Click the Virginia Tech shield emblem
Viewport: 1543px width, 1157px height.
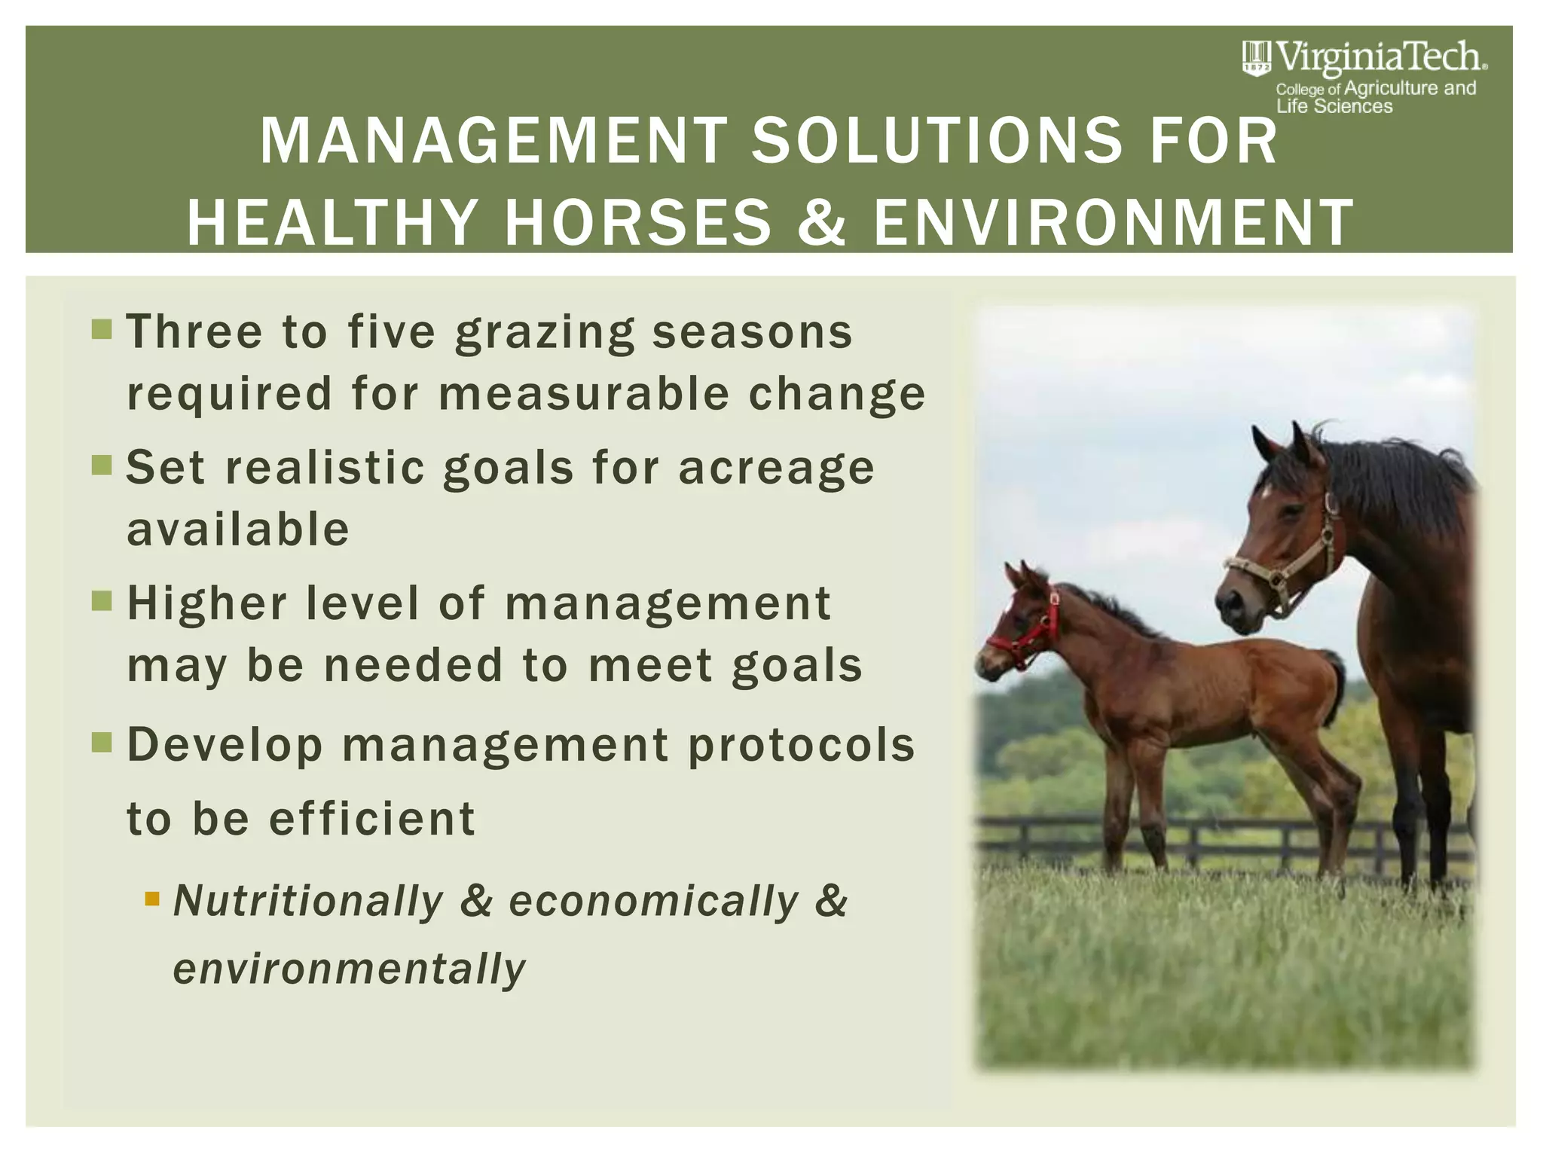pos(1256,58)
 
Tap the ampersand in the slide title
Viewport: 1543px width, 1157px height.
pos(822,222)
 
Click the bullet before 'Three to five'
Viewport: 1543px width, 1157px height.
pos(102,329)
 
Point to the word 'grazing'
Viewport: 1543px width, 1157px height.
pos(545,334)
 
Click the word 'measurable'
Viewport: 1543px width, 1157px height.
pos(584,394)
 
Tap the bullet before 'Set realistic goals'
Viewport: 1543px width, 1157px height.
pos(102,465)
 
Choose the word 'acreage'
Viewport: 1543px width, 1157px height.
pos(777,469)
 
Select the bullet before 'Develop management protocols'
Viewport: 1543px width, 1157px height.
pos(102,743)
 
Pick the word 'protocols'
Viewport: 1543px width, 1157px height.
pos(802,746)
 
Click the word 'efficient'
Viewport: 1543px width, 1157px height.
pos(372,819)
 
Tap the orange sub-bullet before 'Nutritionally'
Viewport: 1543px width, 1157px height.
pos(152,899)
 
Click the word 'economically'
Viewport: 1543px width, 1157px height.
pos(654,902)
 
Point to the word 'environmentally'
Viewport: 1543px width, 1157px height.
pos(349,969)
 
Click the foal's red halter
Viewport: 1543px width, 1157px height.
pos(1029,637)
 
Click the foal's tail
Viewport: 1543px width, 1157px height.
pos(1336,682)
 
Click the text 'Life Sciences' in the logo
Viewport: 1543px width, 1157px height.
pos(1334,107)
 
